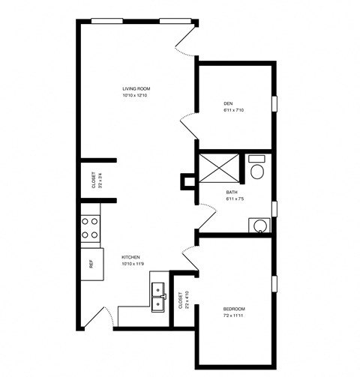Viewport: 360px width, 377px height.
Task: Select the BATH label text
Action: [232, 192]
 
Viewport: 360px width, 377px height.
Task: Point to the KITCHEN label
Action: [131, 257]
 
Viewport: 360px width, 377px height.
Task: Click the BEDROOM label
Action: [234, 309]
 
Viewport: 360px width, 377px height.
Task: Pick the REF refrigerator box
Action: [91, 263]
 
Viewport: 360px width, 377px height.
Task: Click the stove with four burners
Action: [90, 228]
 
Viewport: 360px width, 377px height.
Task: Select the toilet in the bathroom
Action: [257, 169]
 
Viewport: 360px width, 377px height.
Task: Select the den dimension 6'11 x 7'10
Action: [234, 111]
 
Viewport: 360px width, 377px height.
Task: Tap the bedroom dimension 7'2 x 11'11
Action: [235, 316]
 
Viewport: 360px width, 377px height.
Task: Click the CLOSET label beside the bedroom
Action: [180, 301]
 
